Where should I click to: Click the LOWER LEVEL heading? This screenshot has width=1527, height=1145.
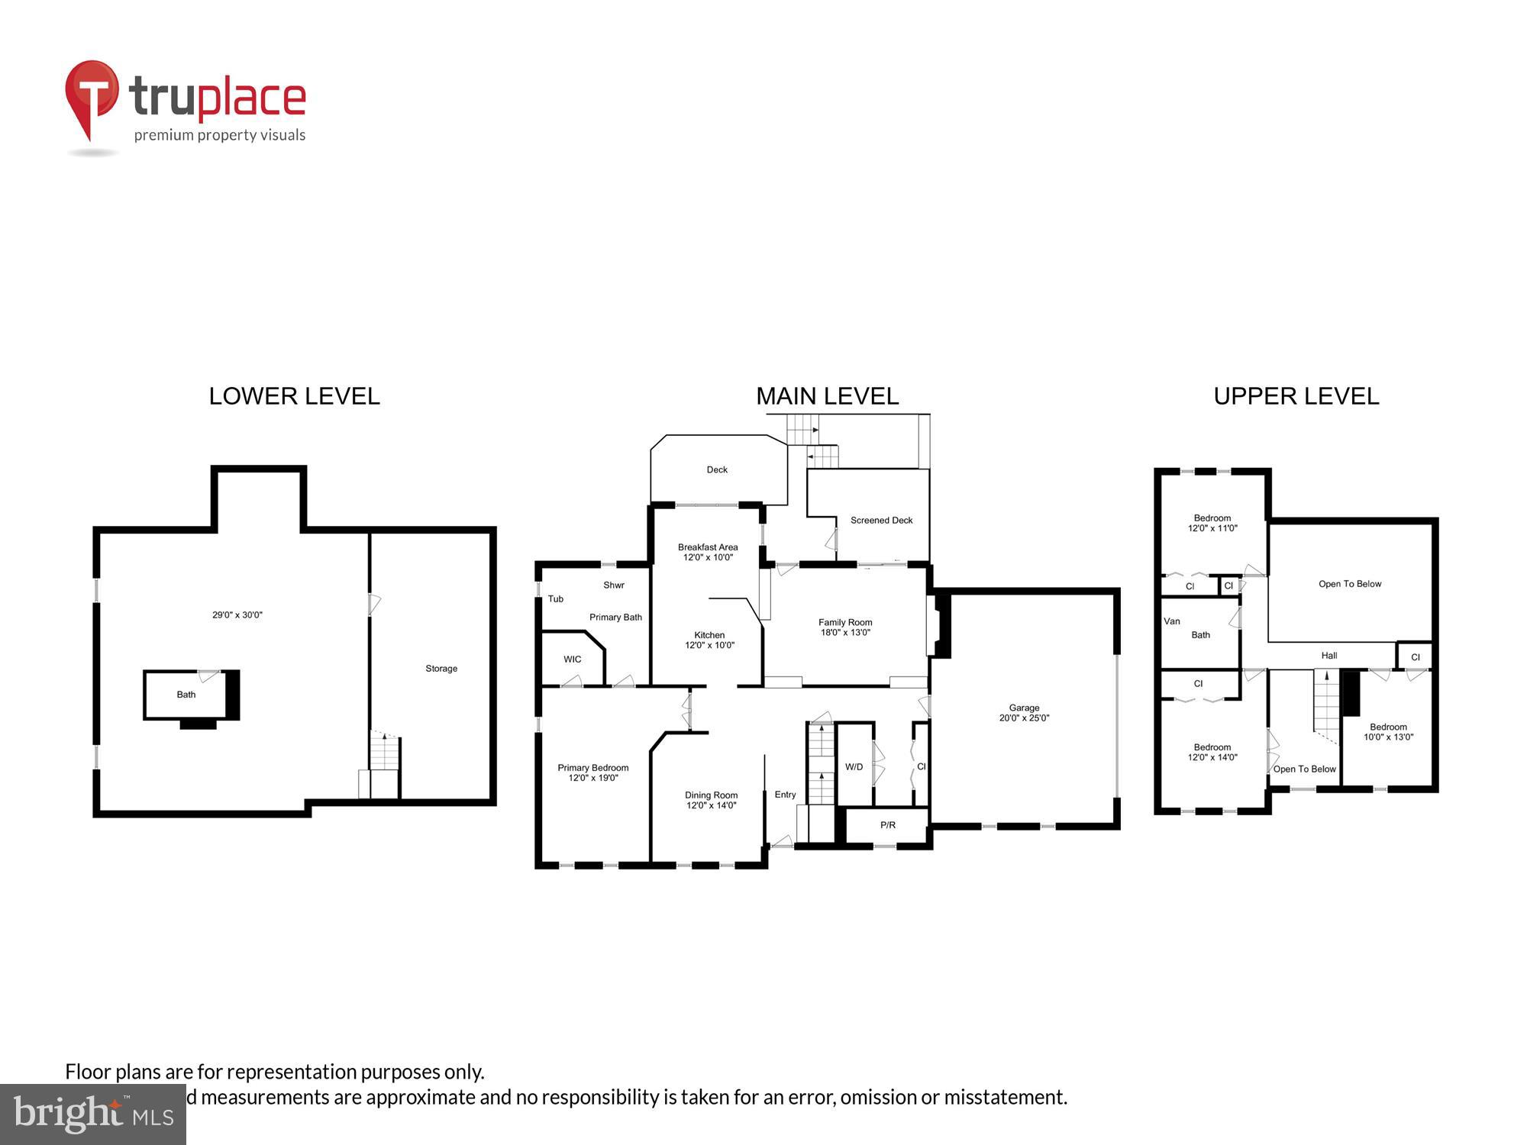pyautogui.click(x=294, y=396)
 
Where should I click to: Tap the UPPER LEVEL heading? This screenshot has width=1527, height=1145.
pyautogui.click(x=1296, y=396)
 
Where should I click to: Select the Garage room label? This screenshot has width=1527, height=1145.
pyautogui.click(x=1024, y=712)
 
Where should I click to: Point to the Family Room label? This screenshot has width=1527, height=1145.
pyautogui.click(x=844, y=627)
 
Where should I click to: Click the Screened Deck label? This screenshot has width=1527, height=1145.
pyautogui.click(x=881, y=521)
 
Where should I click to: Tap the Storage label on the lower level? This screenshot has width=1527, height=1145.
pyautogui.click(x=441, y=669)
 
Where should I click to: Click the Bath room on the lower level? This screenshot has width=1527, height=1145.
pyautogui.click(x=186, y=695)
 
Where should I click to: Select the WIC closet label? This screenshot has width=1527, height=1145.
pyautogui.click(x=572, y=660)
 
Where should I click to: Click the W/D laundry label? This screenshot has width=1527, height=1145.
pyautogui.click(x=854, y=766)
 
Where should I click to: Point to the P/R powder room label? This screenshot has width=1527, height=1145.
pyautogui.click(x=887, y=825)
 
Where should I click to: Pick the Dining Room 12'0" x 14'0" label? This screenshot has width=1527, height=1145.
pyautogui.click(x=711, y=800)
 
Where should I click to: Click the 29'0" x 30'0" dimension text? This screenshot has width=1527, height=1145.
pyautogui.click(x=237, y=615)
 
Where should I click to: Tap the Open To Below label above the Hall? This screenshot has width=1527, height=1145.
pyautogui.click(x=1349, y=584)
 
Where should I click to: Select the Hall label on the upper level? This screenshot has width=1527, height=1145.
pyautogui.click(x=1328, y=656)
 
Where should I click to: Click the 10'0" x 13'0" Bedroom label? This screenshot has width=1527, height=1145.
pyautogui.click(x=1387, y=732)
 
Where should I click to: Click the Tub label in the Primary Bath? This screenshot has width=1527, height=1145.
pyautogui.click(x=555, y=599)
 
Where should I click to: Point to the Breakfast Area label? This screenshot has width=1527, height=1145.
pyautogui.click(x=708, y=552)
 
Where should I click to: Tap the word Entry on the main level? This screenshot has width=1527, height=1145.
pyautogui.click(x=785, y=795)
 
